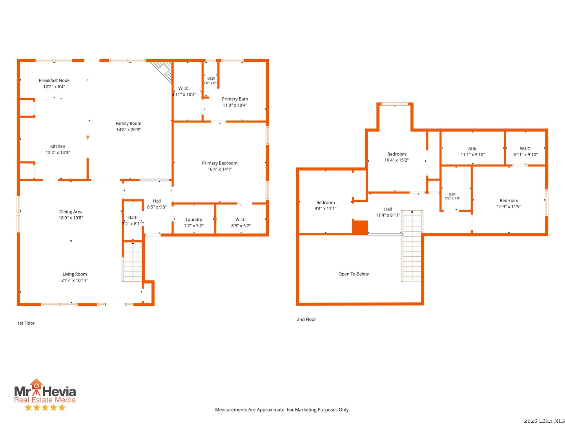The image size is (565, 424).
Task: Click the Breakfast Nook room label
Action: pyautogui.click(x=54, y=80)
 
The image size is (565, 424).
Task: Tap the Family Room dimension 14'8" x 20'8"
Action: pyautogui.click(x=128, y=130)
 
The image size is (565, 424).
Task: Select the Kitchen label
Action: pyautogui.click(x=58, y=146)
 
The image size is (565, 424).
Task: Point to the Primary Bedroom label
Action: pyautogui.click(x=220, y=163)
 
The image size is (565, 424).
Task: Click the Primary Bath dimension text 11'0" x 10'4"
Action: pyautogui.click(x=235, y=105)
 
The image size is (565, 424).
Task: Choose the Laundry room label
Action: pyautogui.click(x=194, y=219)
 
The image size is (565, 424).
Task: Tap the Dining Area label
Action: pyautogui.click(x=71, y=212)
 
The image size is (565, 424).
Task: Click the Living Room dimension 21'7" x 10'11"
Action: pyautogui.click(x=75, y=280)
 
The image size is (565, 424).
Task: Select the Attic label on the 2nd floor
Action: pyautogui.click(x=472, y=148)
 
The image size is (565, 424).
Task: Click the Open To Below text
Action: pyautogui.click(x=354, y=274)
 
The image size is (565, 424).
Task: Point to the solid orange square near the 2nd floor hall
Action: pyautogui.click(x=360, y=227)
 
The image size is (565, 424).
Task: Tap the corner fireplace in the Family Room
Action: pyautogui.click(x=162, y=72)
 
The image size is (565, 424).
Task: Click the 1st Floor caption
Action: pyautogui.click(x=26, y=323)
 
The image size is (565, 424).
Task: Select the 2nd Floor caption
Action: pyautogui.click(x=306, y=320)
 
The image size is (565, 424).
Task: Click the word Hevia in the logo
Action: pyautogui.click(x=59, y=391)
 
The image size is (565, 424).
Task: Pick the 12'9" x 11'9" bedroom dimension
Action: pyautogui.click(x=508, y=207)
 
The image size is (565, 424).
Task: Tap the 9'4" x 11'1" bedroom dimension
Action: pyautogui.click(x=325, y=208)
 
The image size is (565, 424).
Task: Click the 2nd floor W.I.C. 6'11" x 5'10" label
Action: pyautogui.click(x=525, y=152)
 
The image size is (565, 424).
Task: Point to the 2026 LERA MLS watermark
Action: pyautogui.click(x=544, y=420)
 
